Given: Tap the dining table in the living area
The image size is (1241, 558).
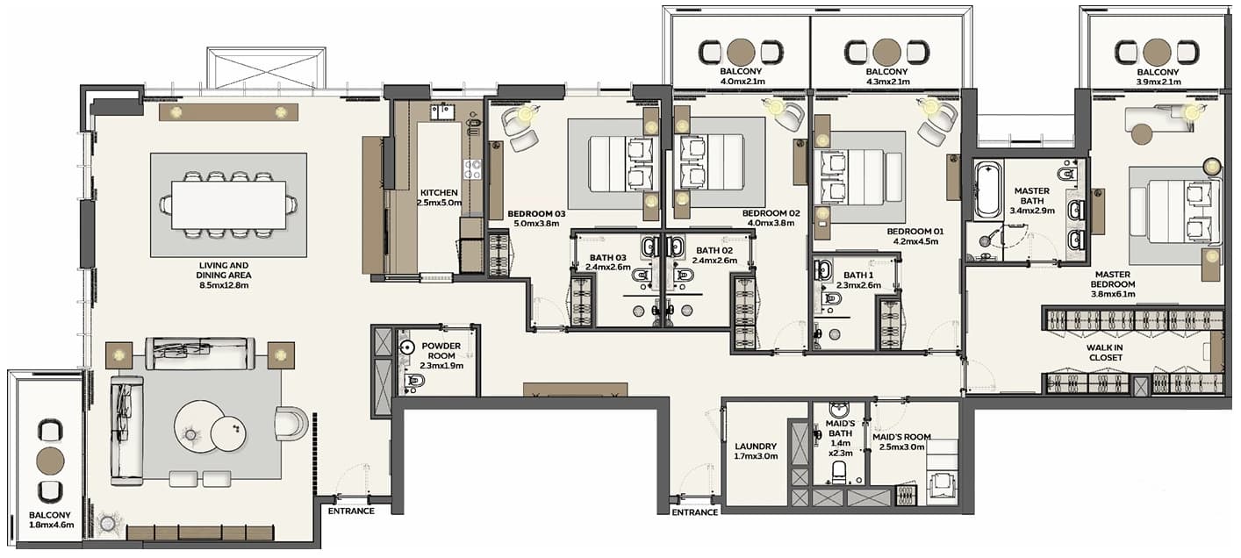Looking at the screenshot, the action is (x=229, y=204).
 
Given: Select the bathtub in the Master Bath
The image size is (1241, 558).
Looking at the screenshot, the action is (x=988, y=190).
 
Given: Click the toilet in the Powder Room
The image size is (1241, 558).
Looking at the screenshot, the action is (x=413, y=381).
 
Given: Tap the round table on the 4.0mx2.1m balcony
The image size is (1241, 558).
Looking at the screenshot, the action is (x=741, y=52).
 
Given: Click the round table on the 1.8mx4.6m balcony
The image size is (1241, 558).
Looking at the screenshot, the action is (x=50, y=461).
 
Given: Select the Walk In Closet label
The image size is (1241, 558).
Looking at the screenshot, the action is (x=1105, y=353).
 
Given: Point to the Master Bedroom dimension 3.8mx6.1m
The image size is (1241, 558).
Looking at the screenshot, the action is (x=1113, y=294).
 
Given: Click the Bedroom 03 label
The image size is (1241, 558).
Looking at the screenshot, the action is (x=536, y=214).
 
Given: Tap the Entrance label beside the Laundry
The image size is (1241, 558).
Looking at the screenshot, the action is (x=695, y=512).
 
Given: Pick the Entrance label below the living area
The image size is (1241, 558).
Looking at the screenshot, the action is (x=351, y=511).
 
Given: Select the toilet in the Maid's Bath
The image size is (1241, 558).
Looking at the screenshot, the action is (x=839, y=472).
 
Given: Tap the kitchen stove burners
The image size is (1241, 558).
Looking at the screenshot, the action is (x=472, y=169).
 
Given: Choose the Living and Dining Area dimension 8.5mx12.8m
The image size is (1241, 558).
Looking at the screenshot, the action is (x=224, y=286).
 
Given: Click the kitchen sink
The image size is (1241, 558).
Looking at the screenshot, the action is (x=442, y=112).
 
